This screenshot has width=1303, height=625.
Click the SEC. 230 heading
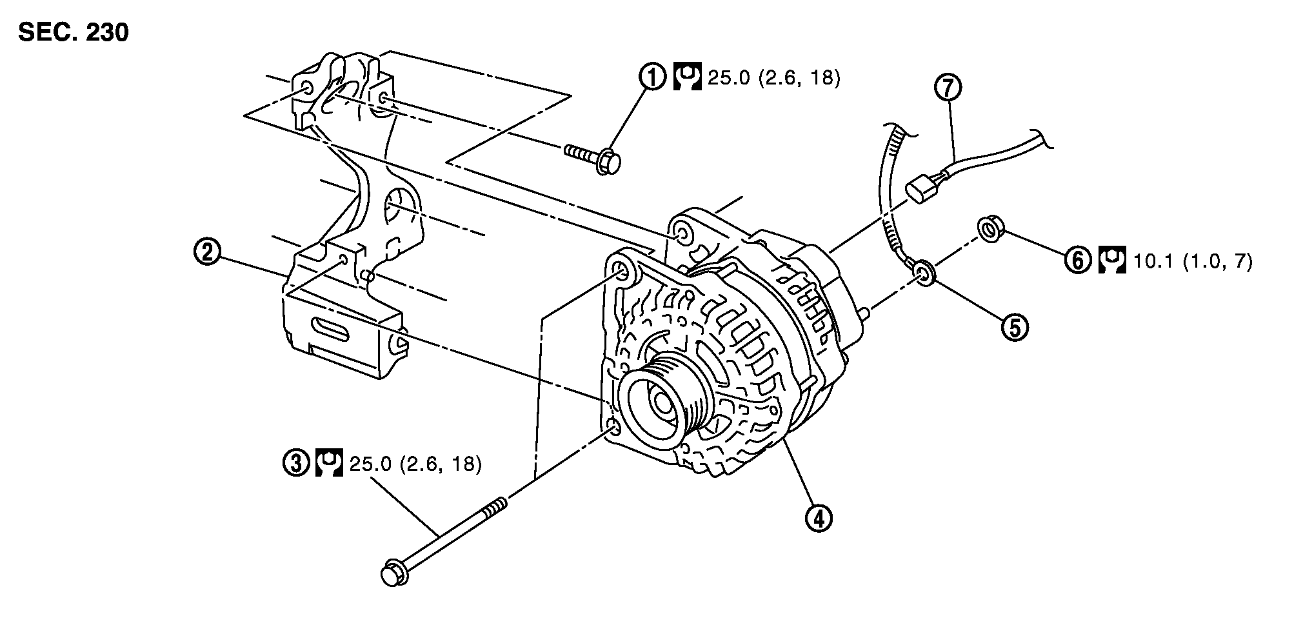(74, 32)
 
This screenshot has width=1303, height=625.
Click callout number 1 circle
(652, 78)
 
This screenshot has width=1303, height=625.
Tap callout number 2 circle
(207, 252)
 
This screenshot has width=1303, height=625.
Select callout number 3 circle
(296, 463)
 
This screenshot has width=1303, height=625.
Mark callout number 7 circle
(948, 88)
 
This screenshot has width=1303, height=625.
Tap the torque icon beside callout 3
(328, 463)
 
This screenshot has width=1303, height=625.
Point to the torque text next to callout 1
(774, 78)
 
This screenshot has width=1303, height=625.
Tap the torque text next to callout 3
(415, 464)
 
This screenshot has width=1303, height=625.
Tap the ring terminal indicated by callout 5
(923, 274)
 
